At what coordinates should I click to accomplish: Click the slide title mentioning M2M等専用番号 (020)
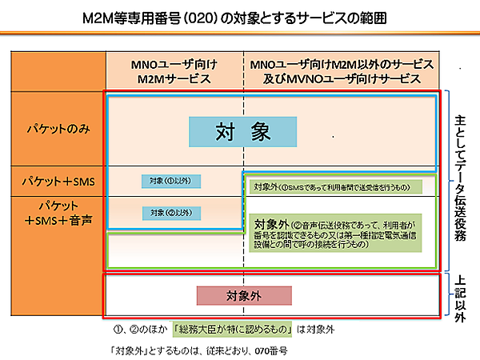(240, 17)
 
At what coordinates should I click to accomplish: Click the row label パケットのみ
(58, 130)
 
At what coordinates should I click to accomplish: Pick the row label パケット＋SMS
(58, 182)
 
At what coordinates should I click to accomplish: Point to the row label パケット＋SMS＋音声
(58, 212)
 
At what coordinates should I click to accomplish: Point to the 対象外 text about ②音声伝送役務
(340, 231)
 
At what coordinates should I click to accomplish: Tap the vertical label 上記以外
(461, 294)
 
